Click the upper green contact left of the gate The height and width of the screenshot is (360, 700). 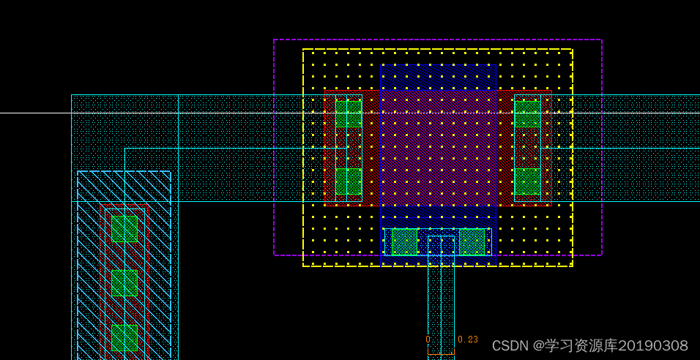tap(349, 114)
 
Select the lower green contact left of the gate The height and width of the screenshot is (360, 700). tap(349, 181)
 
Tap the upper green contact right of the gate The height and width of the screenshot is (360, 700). tap(527, 114)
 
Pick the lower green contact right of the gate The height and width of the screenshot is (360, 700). tap(527, 181)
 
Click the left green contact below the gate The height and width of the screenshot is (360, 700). tap(404, 242)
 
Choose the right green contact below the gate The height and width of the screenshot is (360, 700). tap(472, 242)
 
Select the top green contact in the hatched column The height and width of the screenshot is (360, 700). tap(124, 229)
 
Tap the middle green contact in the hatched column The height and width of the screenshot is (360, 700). tap(124, 283)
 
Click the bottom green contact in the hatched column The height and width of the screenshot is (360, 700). tap(124, 338)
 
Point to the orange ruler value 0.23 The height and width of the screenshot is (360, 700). tap(468, 340)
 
